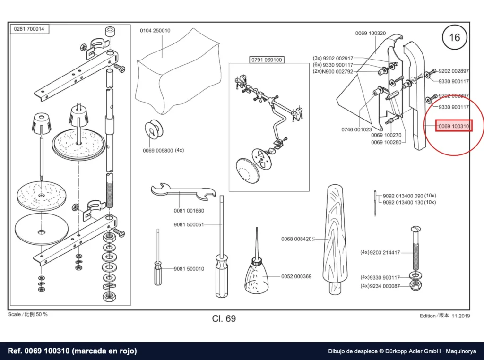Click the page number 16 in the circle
(x=454, y=38)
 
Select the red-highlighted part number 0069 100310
(x=453, y=126)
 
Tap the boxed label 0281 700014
(x=29, y=29)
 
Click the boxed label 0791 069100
(x=267, y=60)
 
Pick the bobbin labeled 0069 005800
(x=154, y=129)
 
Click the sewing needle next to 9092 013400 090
(x=375, y=203)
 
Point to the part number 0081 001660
(x=189, y=211)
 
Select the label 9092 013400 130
(x=403, y=202)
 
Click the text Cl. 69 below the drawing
(x=224, y=318)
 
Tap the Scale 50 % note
(x=28, y=314)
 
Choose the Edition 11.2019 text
(x=445, y=316)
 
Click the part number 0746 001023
(x=356, y=129)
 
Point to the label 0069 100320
(x=371, y=34)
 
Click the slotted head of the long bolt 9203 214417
(x=415, y=229)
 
